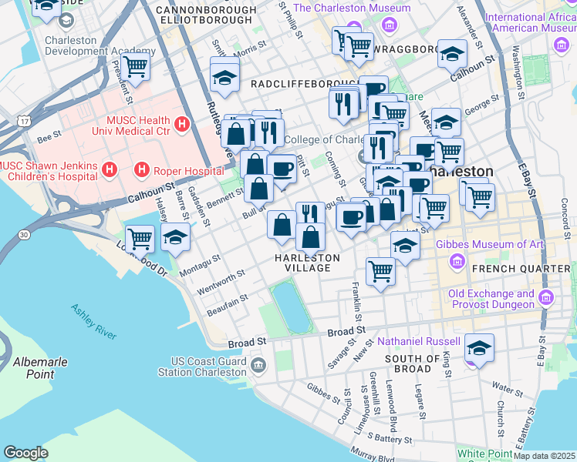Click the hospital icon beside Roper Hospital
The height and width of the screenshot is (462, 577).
141,168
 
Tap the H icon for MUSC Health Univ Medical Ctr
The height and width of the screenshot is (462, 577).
182,122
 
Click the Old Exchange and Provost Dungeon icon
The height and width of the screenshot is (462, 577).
547,298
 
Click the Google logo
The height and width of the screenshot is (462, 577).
25,453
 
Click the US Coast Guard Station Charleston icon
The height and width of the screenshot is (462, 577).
258,363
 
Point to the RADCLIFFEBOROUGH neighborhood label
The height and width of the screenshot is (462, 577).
302,83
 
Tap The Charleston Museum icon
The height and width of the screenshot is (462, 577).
388,27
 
